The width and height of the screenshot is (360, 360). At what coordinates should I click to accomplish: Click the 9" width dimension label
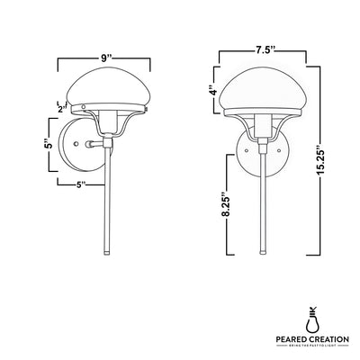point(104,58)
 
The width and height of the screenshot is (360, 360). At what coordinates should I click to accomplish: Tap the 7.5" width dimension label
point(264,51)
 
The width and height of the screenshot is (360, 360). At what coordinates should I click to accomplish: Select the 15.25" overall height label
point(320,160)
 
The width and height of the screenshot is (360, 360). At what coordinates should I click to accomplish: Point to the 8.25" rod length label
point(227,203)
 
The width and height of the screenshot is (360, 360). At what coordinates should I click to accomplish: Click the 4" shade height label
point(213,90)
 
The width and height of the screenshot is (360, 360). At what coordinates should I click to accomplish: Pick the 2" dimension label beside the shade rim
point(62,110)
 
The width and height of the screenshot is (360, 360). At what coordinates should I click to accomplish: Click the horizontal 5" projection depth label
point(79,185)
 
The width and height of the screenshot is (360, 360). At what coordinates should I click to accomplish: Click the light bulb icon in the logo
point(312,319)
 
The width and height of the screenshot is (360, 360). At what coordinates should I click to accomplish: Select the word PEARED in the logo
point(291,339)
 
